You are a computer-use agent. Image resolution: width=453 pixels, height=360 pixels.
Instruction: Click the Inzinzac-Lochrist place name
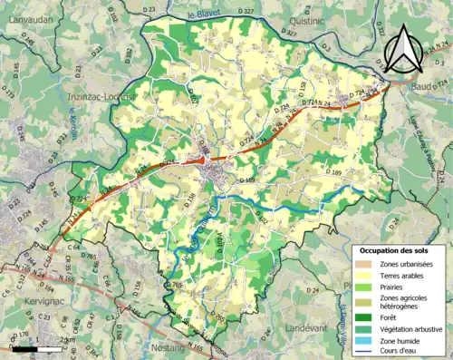[101, 95]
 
